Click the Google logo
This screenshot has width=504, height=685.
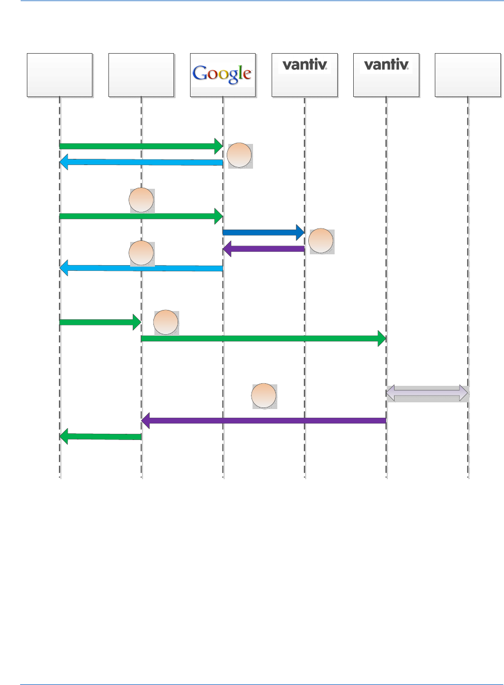tap(222, 74)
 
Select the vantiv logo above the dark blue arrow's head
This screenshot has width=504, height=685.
tap(305, 65)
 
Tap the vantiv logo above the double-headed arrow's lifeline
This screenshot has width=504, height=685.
tap(386, 65)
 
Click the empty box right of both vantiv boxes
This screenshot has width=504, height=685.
tap(467, 75)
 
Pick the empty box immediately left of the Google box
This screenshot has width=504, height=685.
tap(141, 75)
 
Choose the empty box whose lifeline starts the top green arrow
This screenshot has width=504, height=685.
tap(59, 75)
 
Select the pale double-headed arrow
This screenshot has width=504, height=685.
tap(427, 393)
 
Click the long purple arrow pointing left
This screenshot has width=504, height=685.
tap(263, 420)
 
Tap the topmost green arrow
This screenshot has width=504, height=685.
tap(141, 146)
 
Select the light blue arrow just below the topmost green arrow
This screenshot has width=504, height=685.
tap(141, 162)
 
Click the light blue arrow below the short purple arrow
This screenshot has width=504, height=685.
tap(141, 268)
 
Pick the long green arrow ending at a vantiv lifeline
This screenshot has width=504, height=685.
tap(263, 338)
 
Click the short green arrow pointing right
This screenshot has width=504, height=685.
tap(100, 322)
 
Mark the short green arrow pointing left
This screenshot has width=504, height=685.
tap(100, 437)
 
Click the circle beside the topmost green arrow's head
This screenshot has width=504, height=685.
tap(240, 155)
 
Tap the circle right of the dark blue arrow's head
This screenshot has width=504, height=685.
tap(321, 241)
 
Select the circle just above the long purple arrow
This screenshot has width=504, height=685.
tap(264, 396)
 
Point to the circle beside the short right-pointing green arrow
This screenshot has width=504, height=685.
tap(166, 322)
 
